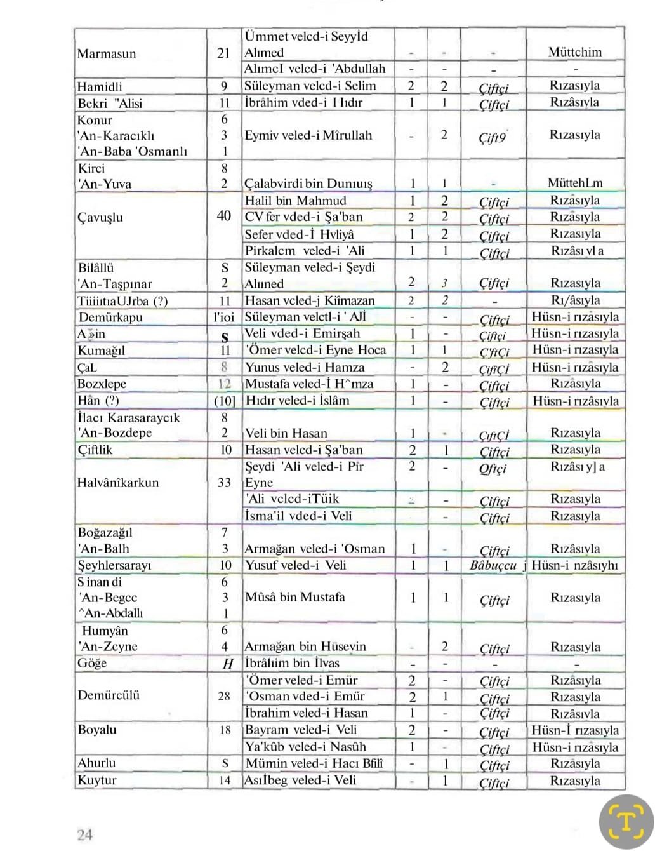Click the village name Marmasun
click(107, 53)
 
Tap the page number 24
click(85, 834)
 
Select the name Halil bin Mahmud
click(296, 201)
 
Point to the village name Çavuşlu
click(100, 217)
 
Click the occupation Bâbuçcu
click(494, 565)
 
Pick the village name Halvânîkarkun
click(118, 482)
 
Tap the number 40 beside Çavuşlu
click(224, 216)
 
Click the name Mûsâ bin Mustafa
click(295, 597)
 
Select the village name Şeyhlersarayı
click(114, 565)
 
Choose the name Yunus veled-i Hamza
click(305, 367)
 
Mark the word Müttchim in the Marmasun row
click(575, 52)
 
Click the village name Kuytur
click(97, 780)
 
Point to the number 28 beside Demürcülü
click(225, 696)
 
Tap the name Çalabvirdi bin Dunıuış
click(308, 184)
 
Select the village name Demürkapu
click(110, 317)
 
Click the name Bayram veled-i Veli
click(301, 730)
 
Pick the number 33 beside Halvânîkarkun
click(225, 482)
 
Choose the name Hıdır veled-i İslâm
click(297, 401)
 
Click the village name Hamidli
click(100, 86)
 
